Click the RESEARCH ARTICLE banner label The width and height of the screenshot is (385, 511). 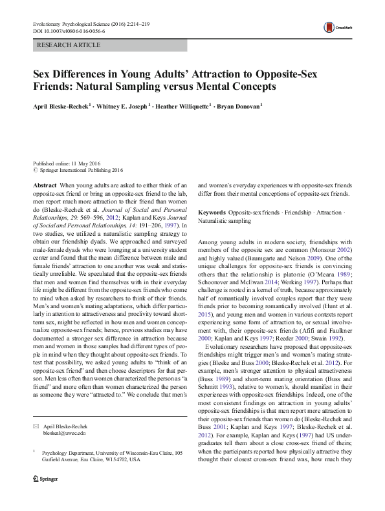(69, 45)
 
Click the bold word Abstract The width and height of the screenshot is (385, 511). (45, 185)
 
